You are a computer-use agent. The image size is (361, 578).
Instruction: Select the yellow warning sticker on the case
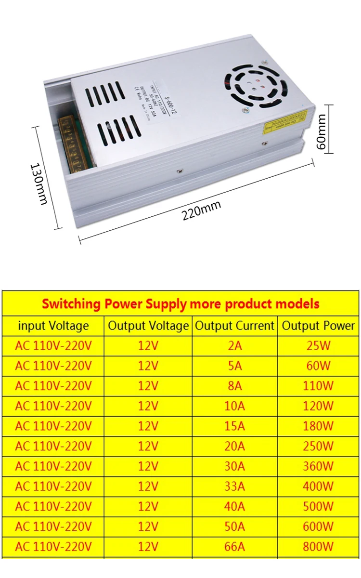click(284, 123)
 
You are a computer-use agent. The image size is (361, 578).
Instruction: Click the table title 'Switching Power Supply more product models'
click(180, 304)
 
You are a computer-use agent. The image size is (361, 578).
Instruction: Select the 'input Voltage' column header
click(53, 326)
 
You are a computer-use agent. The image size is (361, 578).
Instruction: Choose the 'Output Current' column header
click(234, 326)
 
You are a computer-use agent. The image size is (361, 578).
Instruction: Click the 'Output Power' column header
click(318, 326)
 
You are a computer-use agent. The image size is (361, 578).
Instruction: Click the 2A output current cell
click(234, 346)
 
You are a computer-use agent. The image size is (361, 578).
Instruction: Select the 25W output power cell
click(318, 346)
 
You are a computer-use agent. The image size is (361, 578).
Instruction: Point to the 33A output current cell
click(234, 486)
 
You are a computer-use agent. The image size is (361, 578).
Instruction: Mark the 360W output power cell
click(318, 466)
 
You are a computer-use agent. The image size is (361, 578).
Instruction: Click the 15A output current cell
click(234, 426)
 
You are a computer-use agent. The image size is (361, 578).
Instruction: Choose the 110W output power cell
click(318, 386)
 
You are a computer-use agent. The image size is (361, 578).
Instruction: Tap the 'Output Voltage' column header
click(148, 326)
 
